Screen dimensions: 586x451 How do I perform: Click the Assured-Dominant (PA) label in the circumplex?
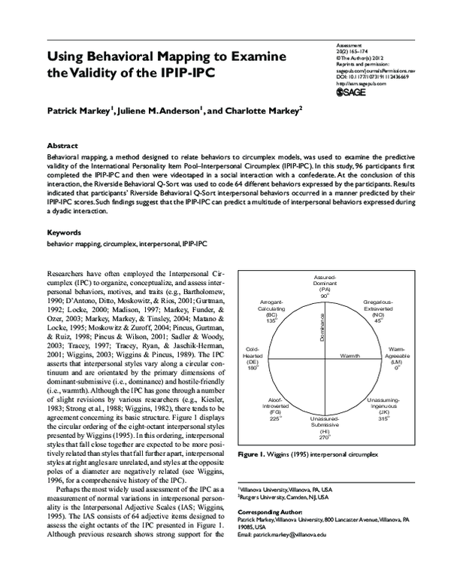point(325,287)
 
